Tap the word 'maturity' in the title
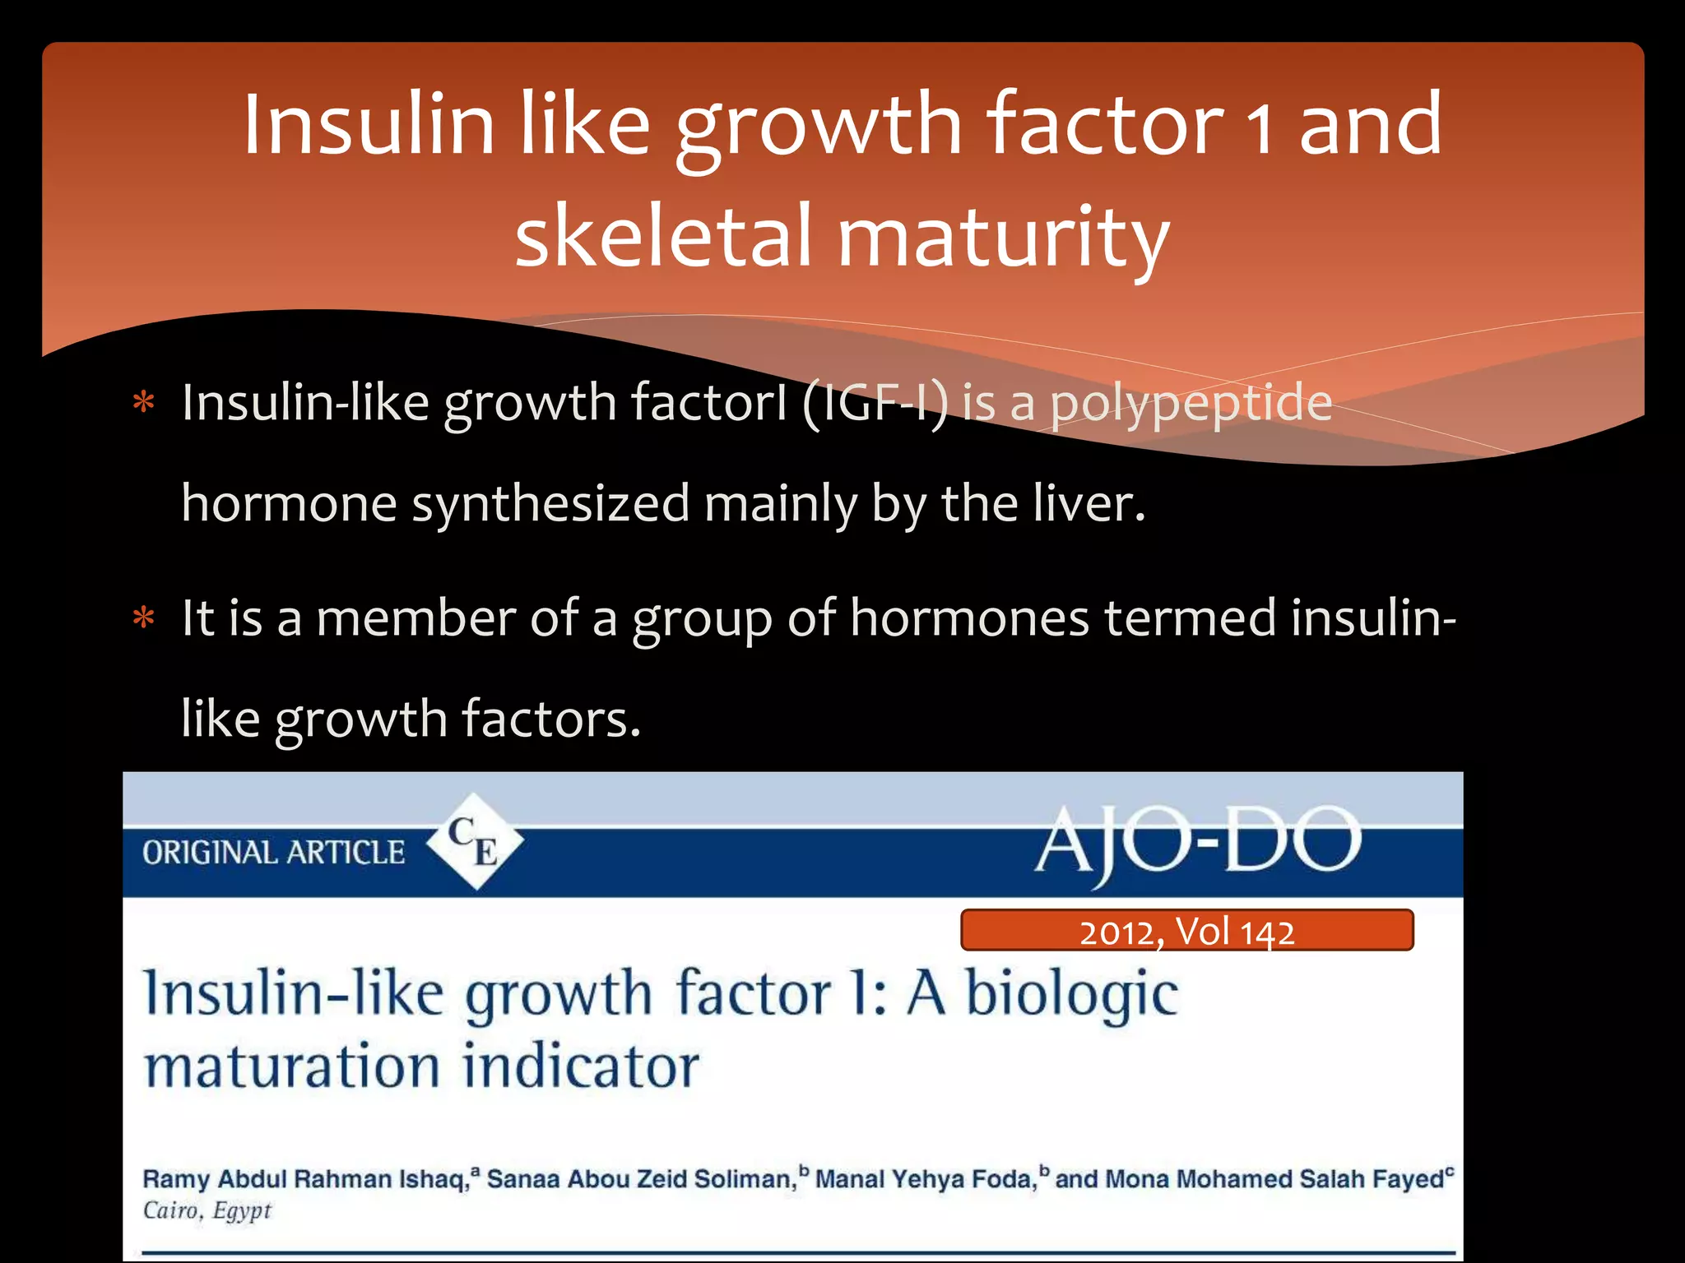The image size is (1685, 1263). pos(1003,238)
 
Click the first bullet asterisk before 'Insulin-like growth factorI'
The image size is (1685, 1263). pos(144,404)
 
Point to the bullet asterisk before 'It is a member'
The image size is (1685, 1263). pos(144,618)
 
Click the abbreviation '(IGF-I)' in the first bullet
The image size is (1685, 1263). pos(874,403)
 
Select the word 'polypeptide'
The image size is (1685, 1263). pos(1191,405)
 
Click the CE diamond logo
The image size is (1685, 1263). pos(475,841)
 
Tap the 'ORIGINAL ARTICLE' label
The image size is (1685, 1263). pos(273,853)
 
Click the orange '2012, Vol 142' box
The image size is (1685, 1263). pos(1186,931)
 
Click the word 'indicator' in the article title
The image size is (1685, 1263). pos(580,1066)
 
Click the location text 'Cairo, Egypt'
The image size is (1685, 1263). pos(207,1211)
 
